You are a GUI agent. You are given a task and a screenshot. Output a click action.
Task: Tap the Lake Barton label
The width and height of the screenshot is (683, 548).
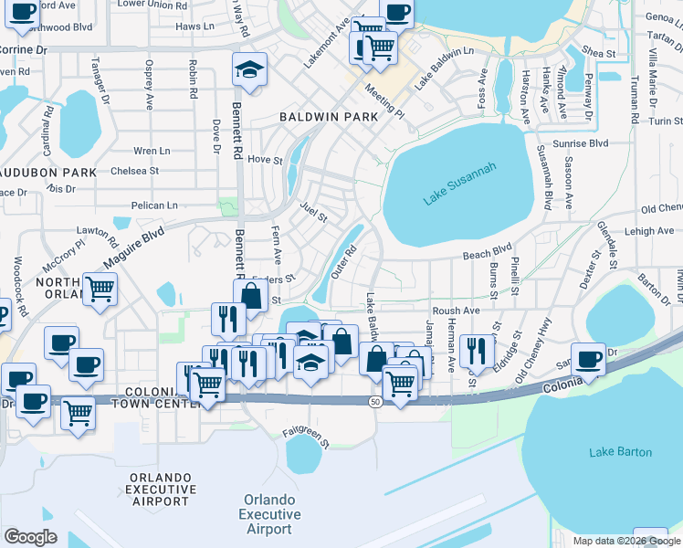point(621,452)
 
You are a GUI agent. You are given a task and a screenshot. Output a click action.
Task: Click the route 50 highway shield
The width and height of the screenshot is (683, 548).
point(375,402)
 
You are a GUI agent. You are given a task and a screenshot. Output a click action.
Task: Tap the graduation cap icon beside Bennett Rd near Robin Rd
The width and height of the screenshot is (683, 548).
point(248,71)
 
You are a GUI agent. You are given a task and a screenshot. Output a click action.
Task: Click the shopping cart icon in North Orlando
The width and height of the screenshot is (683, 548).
point(100,290)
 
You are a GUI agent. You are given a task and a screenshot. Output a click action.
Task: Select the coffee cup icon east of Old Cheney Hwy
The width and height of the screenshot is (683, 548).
point(588,358)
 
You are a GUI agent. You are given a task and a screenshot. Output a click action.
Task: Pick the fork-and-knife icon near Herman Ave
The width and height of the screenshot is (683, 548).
point(476,350)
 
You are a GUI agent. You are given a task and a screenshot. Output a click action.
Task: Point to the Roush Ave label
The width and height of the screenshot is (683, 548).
point(456,311)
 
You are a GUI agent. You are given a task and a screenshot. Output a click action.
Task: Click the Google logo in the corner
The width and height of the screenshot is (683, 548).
point(30,537)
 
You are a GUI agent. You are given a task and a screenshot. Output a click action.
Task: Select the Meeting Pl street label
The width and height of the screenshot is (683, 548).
point(384,100)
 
